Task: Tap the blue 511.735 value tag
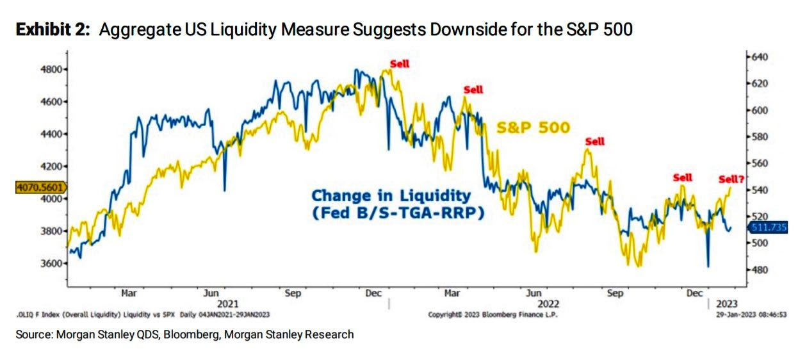coord(770,227)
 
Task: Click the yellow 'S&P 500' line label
coord(533,127)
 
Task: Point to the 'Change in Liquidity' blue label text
coord(391,196)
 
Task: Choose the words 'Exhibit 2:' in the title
coord(54,30)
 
